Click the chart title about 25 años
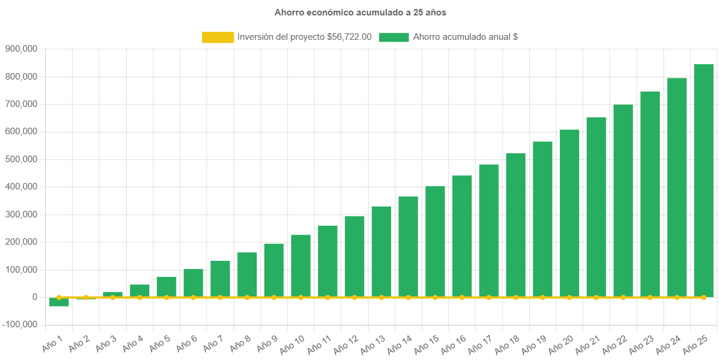(360, 12)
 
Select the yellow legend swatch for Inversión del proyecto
(218, 37)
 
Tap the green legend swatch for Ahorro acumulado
(393, 37)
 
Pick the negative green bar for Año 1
(59, 302)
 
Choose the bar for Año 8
(247, 274)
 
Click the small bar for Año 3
(112, 294)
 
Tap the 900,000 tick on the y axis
(21, 49)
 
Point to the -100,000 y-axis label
(20, 324)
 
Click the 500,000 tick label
(21, 159)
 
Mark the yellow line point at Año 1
(59, 297)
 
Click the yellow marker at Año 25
(703, 297)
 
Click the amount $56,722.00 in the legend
(350, 37)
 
